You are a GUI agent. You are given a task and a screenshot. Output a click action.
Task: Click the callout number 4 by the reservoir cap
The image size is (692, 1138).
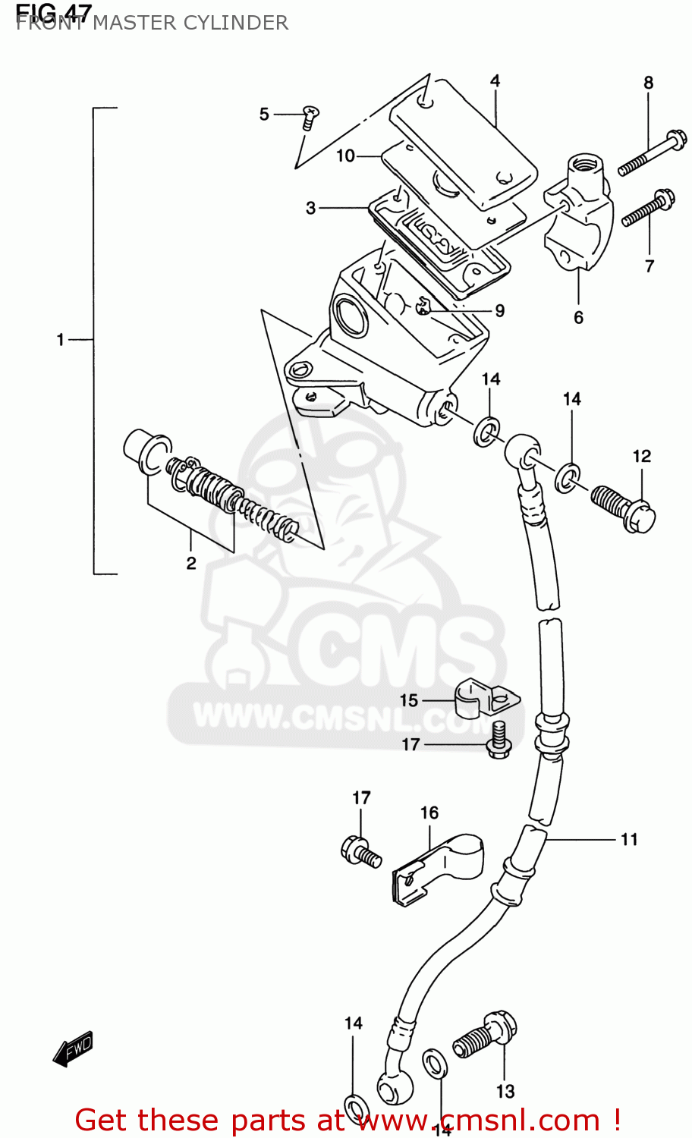495,81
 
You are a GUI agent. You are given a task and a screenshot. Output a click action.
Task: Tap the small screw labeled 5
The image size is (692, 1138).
310,115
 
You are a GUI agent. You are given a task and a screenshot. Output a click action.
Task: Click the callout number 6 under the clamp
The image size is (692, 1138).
578,317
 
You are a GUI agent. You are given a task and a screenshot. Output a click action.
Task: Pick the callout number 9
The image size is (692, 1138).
499,310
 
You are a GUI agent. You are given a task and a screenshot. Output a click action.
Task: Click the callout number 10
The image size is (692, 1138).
345,156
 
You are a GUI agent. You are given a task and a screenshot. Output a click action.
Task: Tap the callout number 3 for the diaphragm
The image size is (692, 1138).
310,207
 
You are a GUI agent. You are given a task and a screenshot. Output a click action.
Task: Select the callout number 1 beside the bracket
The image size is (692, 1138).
61,339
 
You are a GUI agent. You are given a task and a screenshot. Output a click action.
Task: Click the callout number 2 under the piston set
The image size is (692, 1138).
191,562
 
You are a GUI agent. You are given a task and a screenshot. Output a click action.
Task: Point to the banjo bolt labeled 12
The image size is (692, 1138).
624,508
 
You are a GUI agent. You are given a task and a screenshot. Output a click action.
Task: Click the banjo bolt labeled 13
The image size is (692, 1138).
486,1036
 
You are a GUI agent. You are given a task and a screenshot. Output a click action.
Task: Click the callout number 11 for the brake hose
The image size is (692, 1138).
629,839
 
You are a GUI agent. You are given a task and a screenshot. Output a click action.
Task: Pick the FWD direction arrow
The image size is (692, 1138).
73,1048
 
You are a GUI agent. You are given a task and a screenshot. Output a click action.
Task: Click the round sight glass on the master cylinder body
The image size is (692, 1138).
349,316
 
